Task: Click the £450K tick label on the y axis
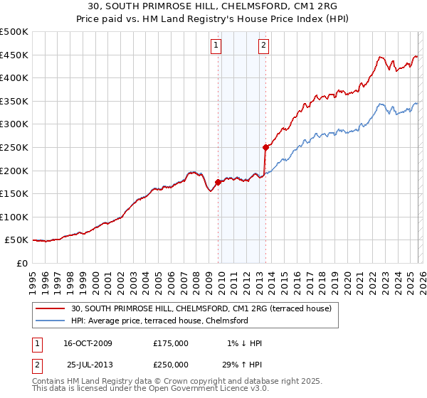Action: click(14, 55)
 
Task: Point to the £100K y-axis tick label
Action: click(14, 217)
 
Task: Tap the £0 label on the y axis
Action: click(23, 263)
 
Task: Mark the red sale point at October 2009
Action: click(218, 182)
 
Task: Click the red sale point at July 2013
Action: click(265, 148)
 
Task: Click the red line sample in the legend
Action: click(51, 309)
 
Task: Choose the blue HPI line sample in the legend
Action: click(51, 321)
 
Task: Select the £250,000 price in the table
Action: click(171, 364)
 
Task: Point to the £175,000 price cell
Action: click(171, 343)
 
